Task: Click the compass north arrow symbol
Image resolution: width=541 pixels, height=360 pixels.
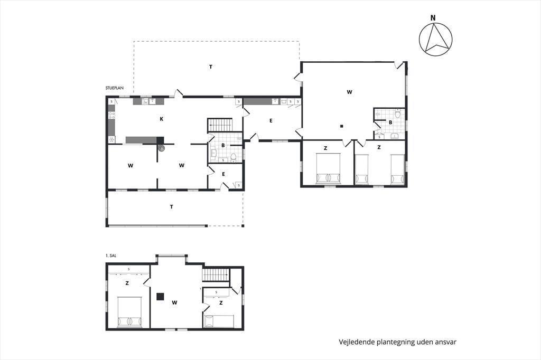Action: tap(435, 39)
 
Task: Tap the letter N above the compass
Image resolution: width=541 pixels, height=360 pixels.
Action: tap(433, 18)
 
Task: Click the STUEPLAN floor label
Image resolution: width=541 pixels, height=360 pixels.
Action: tap(115, 88)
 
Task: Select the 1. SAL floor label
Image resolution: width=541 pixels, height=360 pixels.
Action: tap(111, 255)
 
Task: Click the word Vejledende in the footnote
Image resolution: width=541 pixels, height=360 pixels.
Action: tap(356, 342)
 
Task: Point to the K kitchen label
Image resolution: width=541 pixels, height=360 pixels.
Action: tap(162, 119)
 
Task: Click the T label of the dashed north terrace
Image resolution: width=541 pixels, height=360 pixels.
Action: tap(211, 67)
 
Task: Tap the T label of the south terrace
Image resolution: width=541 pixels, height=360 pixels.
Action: tap(172, 207)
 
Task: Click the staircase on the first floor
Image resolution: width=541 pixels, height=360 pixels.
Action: tap(216, 275)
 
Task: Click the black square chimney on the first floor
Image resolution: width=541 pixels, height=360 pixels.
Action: tap(160, 297)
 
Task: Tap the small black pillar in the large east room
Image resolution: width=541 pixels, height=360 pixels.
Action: tap(342, 126)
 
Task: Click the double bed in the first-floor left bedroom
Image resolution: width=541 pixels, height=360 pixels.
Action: tap(129, 312)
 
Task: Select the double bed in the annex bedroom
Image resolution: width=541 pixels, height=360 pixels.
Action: tap(329, 168)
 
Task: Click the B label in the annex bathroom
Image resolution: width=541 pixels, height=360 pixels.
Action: tap(390, 122)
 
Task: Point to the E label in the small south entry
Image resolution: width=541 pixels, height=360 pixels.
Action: tap(223, 174)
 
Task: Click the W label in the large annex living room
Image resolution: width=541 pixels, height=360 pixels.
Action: tap(350, 92)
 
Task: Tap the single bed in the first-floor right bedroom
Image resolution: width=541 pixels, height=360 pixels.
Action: tap(219, 321)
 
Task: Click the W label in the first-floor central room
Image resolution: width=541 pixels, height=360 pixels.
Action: tap(174, 303)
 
